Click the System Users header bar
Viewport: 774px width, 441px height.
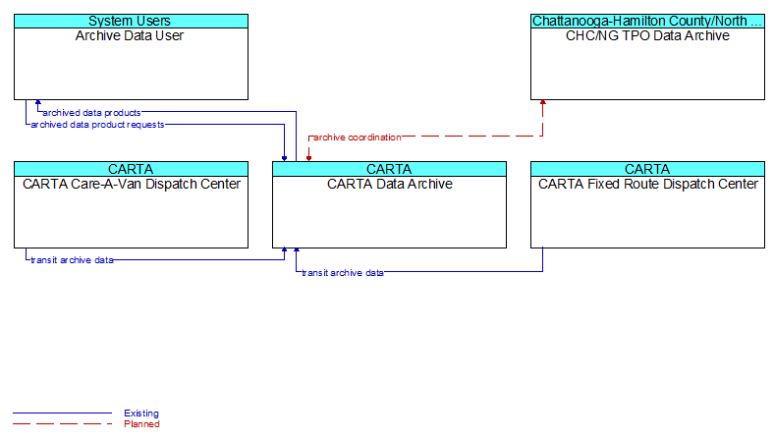click(131, 21)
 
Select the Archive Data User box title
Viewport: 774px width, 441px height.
click(130, 35)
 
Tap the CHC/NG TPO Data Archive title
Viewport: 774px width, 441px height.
click(647, 35)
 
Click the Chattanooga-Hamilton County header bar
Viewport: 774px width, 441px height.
click(647, 21)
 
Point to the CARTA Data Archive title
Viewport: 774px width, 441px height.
click(390, 184)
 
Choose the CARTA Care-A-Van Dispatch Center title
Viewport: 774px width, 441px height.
click(132, 184)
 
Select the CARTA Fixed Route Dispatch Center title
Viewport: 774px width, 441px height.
click(647, 184)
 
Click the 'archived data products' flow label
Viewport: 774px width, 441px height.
click(91, 113)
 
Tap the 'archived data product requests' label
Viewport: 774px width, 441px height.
click(97, 125)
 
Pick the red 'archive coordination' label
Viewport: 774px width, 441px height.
click(358, 138)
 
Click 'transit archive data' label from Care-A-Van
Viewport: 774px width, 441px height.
click(72, 259)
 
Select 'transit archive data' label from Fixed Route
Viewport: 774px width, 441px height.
click(343, 273)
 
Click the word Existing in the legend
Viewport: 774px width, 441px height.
click(141, 413)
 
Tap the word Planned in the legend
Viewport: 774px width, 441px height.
click(141, 424)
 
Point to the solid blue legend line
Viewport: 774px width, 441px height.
click(62, 413)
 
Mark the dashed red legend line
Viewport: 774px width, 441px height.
click(62, 423)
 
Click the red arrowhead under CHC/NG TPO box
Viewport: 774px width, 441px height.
click(543, 102)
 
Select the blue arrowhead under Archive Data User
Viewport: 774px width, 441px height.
click(38, 102)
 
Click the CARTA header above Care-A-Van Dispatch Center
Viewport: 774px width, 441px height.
click(131, 169)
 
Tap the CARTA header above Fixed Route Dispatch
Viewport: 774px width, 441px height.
click(647, 169)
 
